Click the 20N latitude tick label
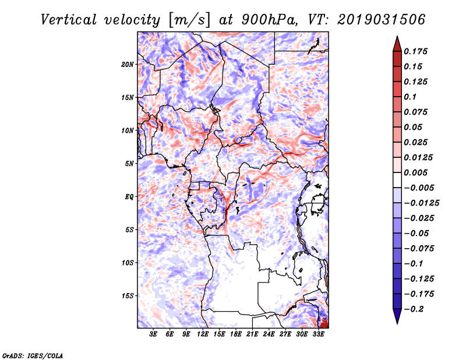pos(127,65)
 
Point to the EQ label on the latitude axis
pos(129,197)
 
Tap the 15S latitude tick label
pos(127,296)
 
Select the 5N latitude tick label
pos(129,164)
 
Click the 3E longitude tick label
pos(153,334)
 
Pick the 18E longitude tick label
pos(236,334)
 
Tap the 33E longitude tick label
pos(318,334)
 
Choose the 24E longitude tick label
pos(269,334)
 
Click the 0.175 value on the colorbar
pos(415,51)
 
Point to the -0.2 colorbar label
pos(414,309)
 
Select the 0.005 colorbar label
pos(415,172)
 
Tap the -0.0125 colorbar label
pos(421,203)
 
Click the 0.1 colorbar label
pos(410,97)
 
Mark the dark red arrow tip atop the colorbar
pos(397,37)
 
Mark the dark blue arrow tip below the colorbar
pos(397,323)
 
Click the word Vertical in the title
pos(69,20)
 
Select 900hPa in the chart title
pos(269,20)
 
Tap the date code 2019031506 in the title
pos(382,20)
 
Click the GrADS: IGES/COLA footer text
pos(33,356)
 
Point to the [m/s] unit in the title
pos(189,20)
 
